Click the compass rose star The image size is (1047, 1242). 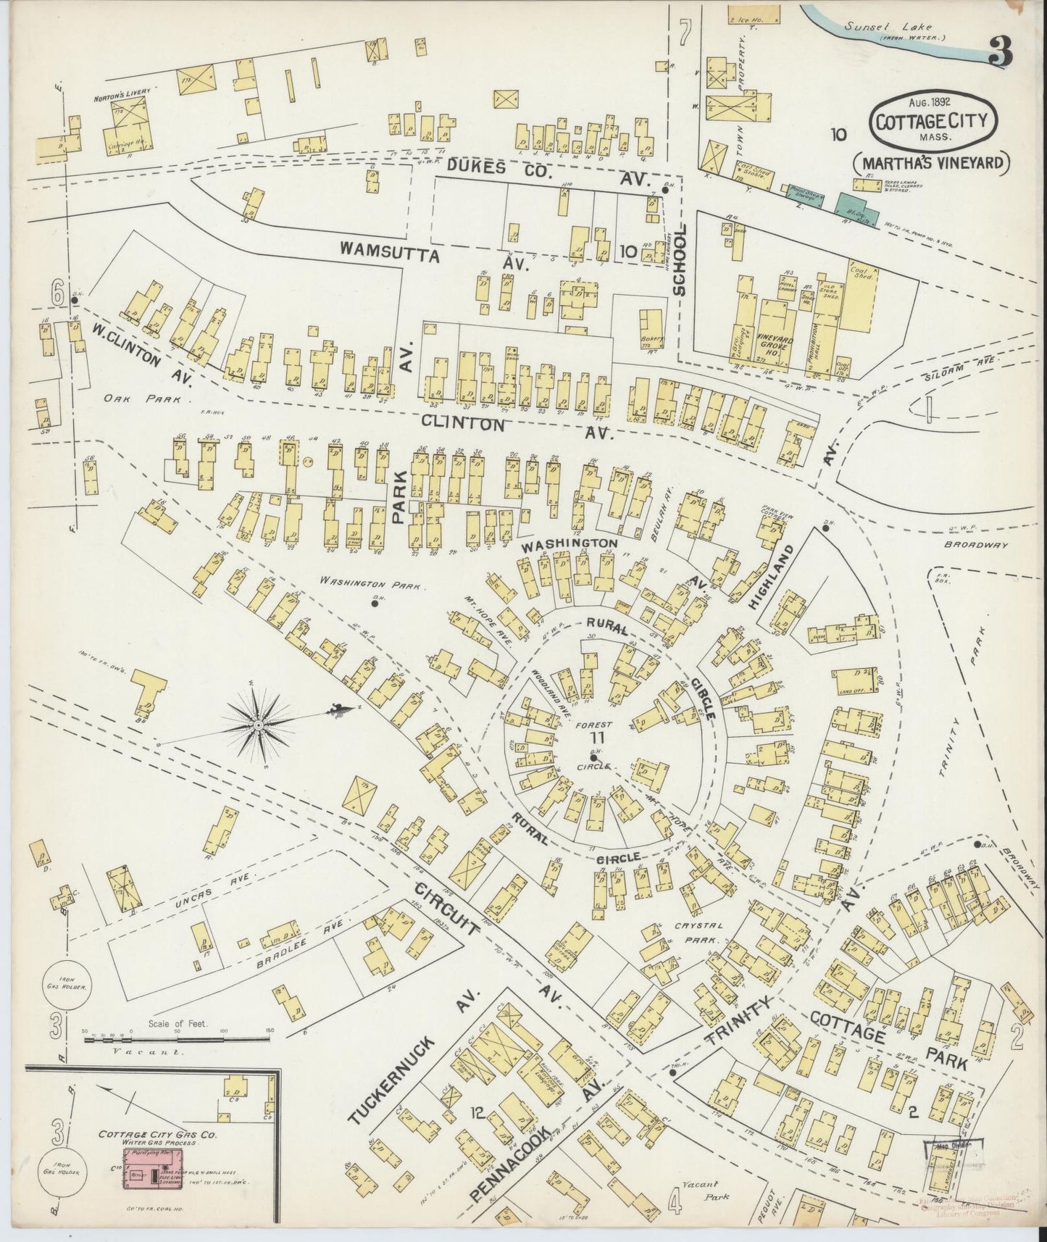click(258, 725)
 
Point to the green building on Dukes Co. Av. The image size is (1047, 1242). click(855, 204)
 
